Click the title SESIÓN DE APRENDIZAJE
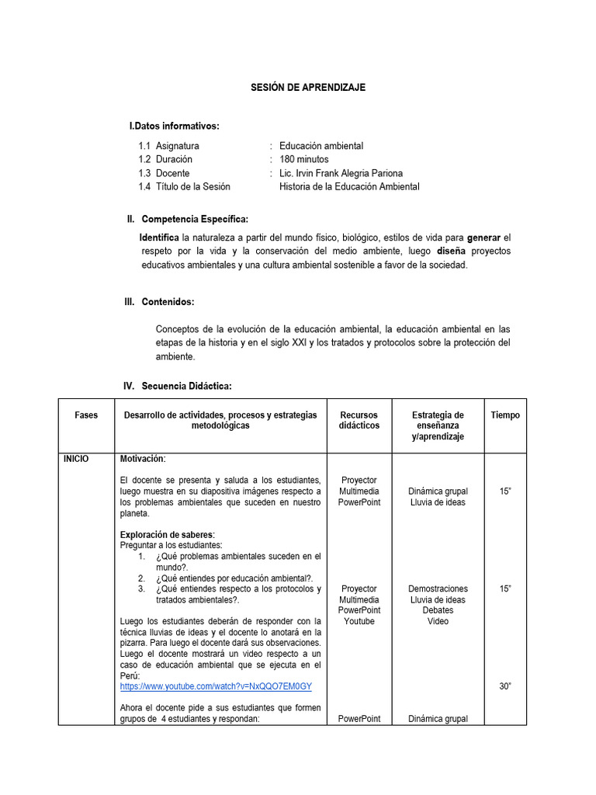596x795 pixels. (307, 88)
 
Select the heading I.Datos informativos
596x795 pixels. (174, 126)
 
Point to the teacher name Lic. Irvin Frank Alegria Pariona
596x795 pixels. (341, 173)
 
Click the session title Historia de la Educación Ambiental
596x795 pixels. (349, 186)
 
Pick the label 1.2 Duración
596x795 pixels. (165, 159)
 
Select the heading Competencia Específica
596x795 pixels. (195, 220)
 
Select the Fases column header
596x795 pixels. (86, 415)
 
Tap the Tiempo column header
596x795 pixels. (505, 415)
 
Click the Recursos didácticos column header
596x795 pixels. (359, 420)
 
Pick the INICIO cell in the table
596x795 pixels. (76, 459)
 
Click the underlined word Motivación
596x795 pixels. (143, 459)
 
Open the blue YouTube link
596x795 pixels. (216, 687)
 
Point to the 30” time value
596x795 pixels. (505, 686)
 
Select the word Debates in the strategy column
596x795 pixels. (438, 610)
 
